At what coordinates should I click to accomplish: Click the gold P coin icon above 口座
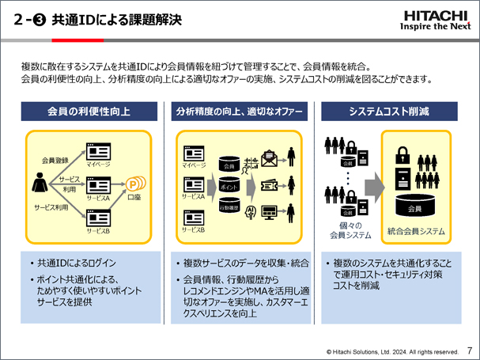pyautogui.click(x=134, y=187)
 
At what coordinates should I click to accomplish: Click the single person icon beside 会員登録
pyautogui.click(x=39, y=184)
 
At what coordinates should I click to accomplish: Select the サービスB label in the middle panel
pyautogui.click(x=194, y=229)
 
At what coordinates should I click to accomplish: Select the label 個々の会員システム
pyautogui.click(x=349, y=229)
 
